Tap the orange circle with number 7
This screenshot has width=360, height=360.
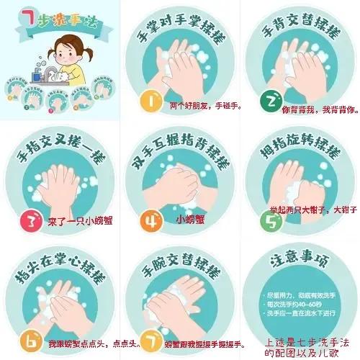(149, 338)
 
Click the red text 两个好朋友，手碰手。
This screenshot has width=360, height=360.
(206, 107)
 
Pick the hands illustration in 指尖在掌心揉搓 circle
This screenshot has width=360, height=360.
(62, 302)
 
